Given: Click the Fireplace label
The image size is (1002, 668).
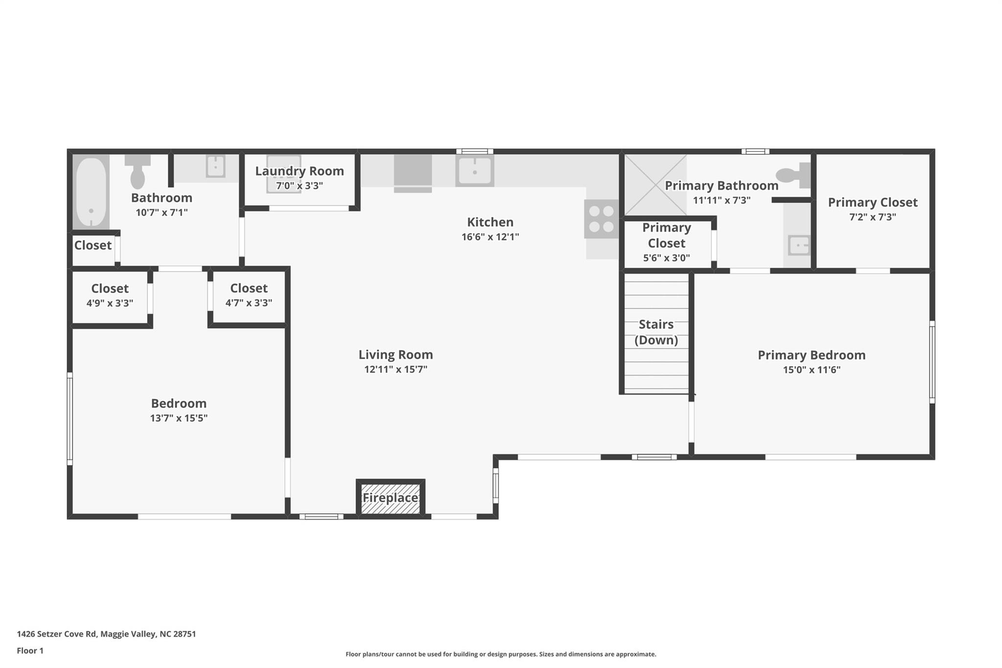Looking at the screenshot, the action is tap(390, 498).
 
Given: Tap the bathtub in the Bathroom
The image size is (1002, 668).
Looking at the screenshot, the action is tap(91, 192).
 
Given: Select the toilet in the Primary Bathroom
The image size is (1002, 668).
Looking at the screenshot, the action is tap(793, 175).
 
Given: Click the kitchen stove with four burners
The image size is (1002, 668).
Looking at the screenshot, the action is tap(601, 219).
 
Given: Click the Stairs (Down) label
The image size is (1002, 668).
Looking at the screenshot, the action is tap(656, 332).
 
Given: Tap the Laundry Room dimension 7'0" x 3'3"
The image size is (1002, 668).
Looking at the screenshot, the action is tap(299, 186).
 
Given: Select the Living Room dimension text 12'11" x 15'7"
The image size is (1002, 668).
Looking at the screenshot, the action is tap(396, 369).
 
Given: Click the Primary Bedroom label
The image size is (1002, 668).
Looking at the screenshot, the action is tap(812, 355).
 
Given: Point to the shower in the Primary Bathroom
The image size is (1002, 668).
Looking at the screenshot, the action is tap(656, 184).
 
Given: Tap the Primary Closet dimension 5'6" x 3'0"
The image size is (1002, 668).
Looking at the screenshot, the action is tap(666, 258).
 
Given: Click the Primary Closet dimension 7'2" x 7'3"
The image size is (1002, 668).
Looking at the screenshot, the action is tap(873, 217).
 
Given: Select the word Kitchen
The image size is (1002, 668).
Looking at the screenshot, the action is tap(490, 222).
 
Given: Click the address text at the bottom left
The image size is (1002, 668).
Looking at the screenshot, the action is tap(106, 634).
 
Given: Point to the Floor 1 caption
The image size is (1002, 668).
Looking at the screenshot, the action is tap(30, 651).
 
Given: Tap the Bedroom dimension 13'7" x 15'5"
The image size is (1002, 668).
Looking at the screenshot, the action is tap(179, 418).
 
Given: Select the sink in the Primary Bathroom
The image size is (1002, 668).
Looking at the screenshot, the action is tap(798, 245).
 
